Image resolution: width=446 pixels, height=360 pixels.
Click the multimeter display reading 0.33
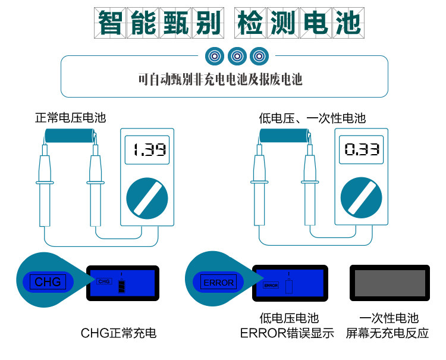click(x=362, y=149)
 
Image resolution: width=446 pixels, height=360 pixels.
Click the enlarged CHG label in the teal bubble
click(x=48, y=281)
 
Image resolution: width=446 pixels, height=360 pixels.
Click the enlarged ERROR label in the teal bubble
click(x=219, y=282)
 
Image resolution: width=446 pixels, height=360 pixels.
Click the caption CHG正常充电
click(x=118, y=333)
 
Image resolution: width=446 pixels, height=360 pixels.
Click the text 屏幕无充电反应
click(x=388, y=333)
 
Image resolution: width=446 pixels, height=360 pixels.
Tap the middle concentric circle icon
click(x=236, y=57)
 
